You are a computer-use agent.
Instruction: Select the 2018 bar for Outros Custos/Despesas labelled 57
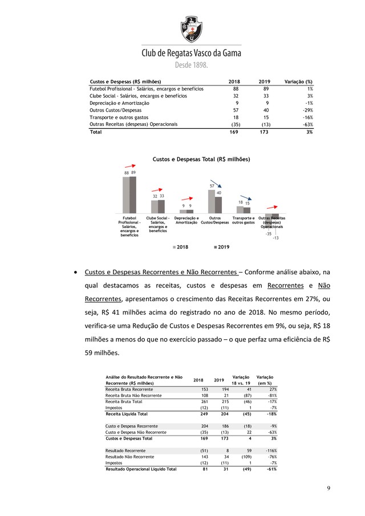[x=212, y=201]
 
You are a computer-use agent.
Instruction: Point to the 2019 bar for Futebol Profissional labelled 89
[x=133, y=194]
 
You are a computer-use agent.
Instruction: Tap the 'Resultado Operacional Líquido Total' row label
[x=141, y=469]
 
